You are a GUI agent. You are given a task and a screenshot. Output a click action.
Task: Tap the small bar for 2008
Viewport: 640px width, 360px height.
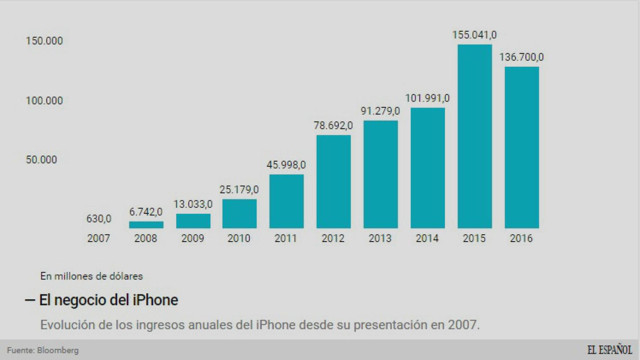coord(146,225)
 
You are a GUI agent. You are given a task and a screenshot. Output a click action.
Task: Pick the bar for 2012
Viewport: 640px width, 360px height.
coord(334,181)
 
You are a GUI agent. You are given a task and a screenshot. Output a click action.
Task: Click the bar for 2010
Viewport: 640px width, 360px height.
coord(239,213)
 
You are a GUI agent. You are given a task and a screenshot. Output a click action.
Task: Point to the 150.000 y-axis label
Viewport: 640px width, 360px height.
coord(44,41)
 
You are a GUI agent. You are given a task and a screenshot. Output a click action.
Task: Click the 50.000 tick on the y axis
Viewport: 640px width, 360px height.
coord(41,160)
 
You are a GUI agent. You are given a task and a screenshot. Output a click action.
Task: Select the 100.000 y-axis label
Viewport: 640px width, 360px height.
coord(44,100)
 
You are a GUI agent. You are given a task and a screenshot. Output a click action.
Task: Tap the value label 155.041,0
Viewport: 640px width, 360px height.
coord(474,35)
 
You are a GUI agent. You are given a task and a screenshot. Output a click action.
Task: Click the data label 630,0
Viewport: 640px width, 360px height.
coord(99,219)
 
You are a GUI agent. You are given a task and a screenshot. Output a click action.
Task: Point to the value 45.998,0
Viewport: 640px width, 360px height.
coord(286,165)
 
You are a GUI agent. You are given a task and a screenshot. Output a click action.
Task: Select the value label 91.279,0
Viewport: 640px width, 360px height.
coord(380,111)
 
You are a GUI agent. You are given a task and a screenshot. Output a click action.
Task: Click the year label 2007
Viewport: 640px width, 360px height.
coord(99,238)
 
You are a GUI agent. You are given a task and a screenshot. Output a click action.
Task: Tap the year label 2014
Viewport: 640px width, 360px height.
coord(427,238)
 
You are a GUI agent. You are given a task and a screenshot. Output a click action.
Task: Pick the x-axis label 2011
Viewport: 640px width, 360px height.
coord(286,238)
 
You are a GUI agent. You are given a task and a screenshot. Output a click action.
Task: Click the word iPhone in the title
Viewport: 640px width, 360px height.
coord(155,300)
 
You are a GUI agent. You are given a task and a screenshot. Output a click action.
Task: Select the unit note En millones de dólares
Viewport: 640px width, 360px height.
coord(92,276)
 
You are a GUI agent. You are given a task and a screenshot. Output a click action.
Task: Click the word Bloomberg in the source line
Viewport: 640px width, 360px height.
coord(58,350)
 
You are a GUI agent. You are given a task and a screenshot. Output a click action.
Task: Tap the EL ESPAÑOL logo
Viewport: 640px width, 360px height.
coord(609,350)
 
